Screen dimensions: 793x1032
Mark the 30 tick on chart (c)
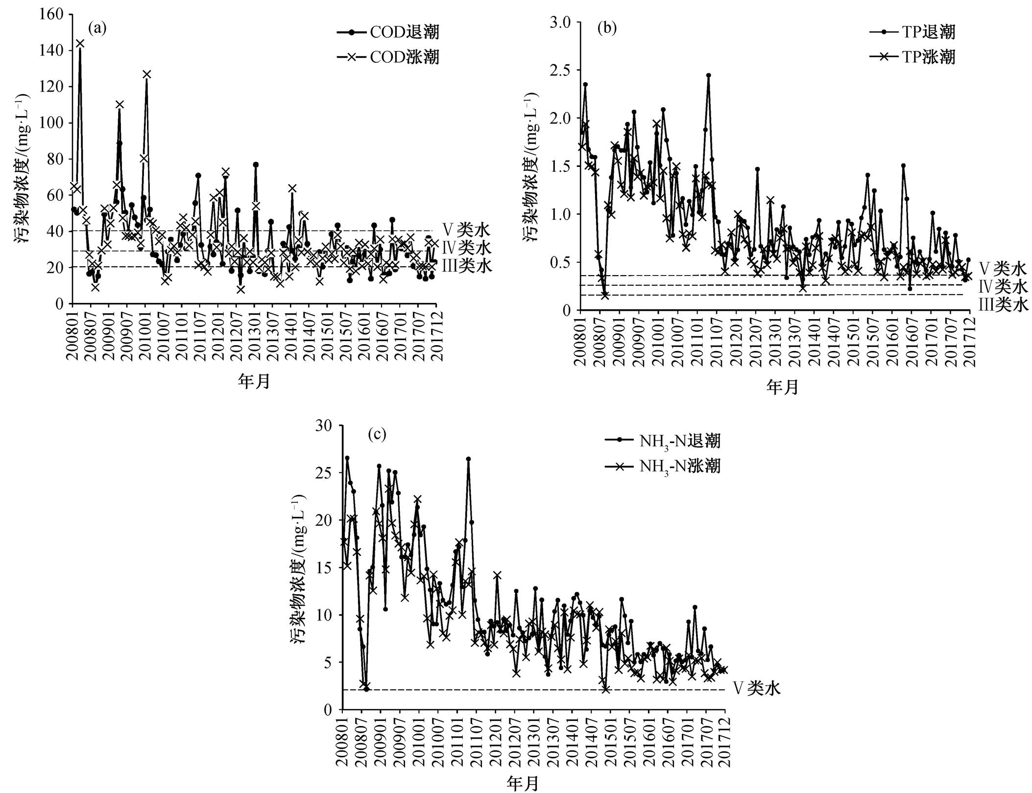click(x=325, y=425)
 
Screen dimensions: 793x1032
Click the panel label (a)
click(x=97, y=28)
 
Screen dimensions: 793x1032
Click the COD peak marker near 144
click(x=80, y=43)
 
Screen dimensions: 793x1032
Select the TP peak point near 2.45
click(x=708, y=75)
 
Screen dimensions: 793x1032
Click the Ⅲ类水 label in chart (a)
click(x=466, y=266)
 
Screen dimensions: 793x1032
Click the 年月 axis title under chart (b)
click(x=782, y=387)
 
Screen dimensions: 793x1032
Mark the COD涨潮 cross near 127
click(x=147, y=74)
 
